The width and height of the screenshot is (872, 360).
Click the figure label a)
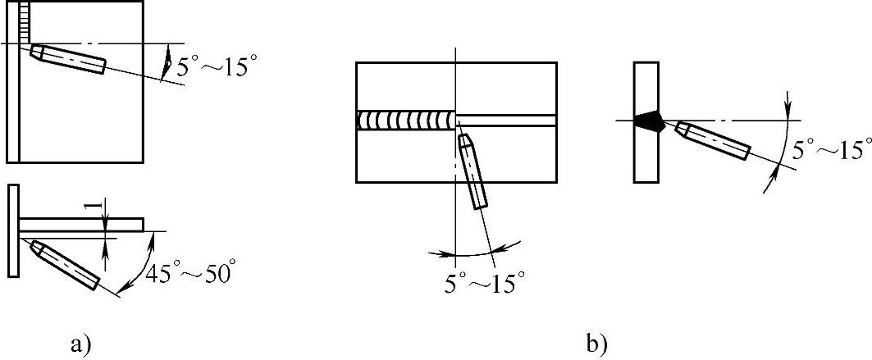pos(79,342)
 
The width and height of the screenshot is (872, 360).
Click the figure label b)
pos(596,342)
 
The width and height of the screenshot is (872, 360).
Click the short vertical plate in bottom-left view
pos(13,232)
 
